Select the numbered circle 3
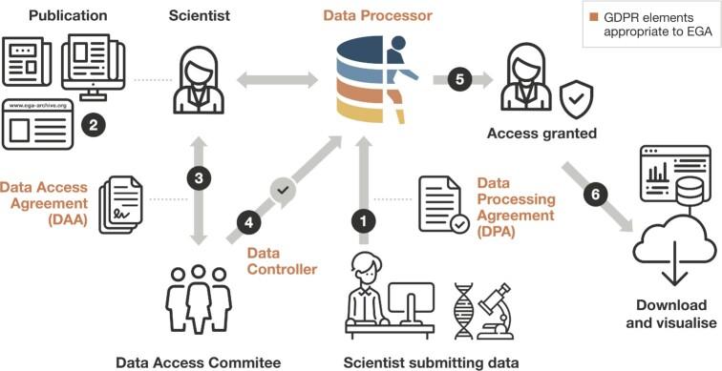(x=198, y=177)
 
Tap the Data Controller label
(x=282, y=261)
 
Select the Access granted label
(x=541, y=134)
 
